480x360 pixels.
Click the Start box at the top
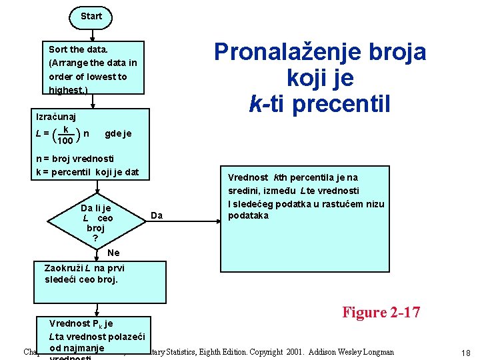pyautogui.click(x=91, y=16)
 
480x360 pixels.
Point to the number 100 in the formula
pyautogui.click(x=65, y=141)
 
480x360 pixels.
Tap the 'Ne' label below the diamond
pyautogui.click(x=113, y=253)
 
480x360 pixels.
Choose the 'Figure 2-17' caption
pyautogui.click(x=381, y=312)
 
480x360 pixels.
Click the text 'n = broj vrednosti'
pyautogui.click(x=75, y=159)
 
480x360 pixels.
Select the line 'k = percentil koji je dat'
pyautogui.click(x=87, y=172)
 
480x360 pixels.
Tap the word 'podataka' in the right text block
pyautogui.click(x=248, y=215)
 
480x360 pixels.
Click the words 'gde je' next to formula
pyautogui.click(x=118, y=133)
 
